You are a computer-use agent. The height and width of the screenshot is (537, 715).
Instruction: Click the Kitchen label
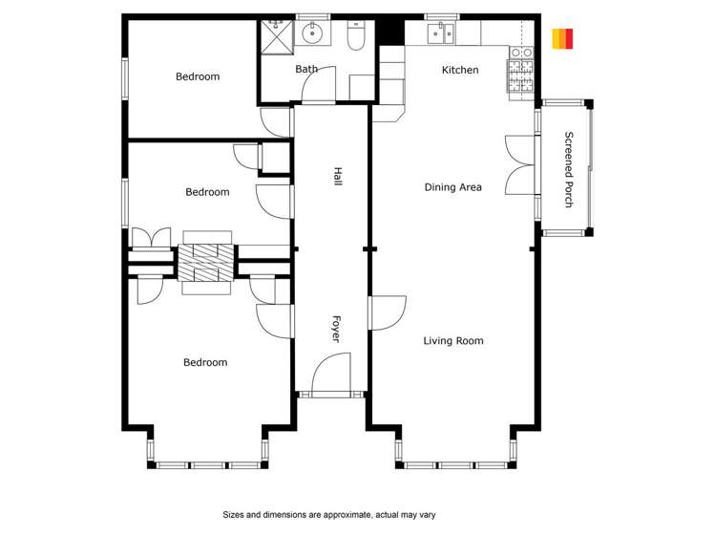point(459,70)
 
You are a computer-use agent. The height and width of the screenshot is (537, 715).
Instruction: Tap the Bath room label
point(306,69)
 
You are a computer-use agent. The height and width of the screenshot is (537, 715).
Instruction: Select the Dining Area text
point(452,187)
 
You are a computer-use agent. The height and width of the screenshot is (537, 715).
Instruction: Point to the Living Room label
point(452,340)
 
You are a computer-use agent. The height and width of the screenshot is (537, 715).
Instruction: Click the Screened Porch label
point(569,169)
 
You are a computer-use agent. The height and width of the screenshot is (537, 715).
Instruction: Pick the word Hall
point(337,176)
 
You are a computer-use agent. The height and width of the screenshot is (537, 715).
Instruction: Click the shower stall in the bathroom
point(277,36)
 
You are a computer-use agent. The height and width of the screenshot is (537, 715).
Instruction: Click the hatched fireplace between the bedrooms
point(206,260)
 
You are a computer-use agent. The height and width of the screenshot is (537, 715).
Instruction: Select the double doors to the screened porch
point(520,164)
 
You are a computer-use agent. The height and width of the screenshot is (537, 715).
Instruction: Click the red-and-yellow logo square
point(562,38)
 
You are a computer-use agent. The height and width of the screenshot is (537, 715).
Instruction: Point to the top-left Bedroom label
point(198,76)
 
